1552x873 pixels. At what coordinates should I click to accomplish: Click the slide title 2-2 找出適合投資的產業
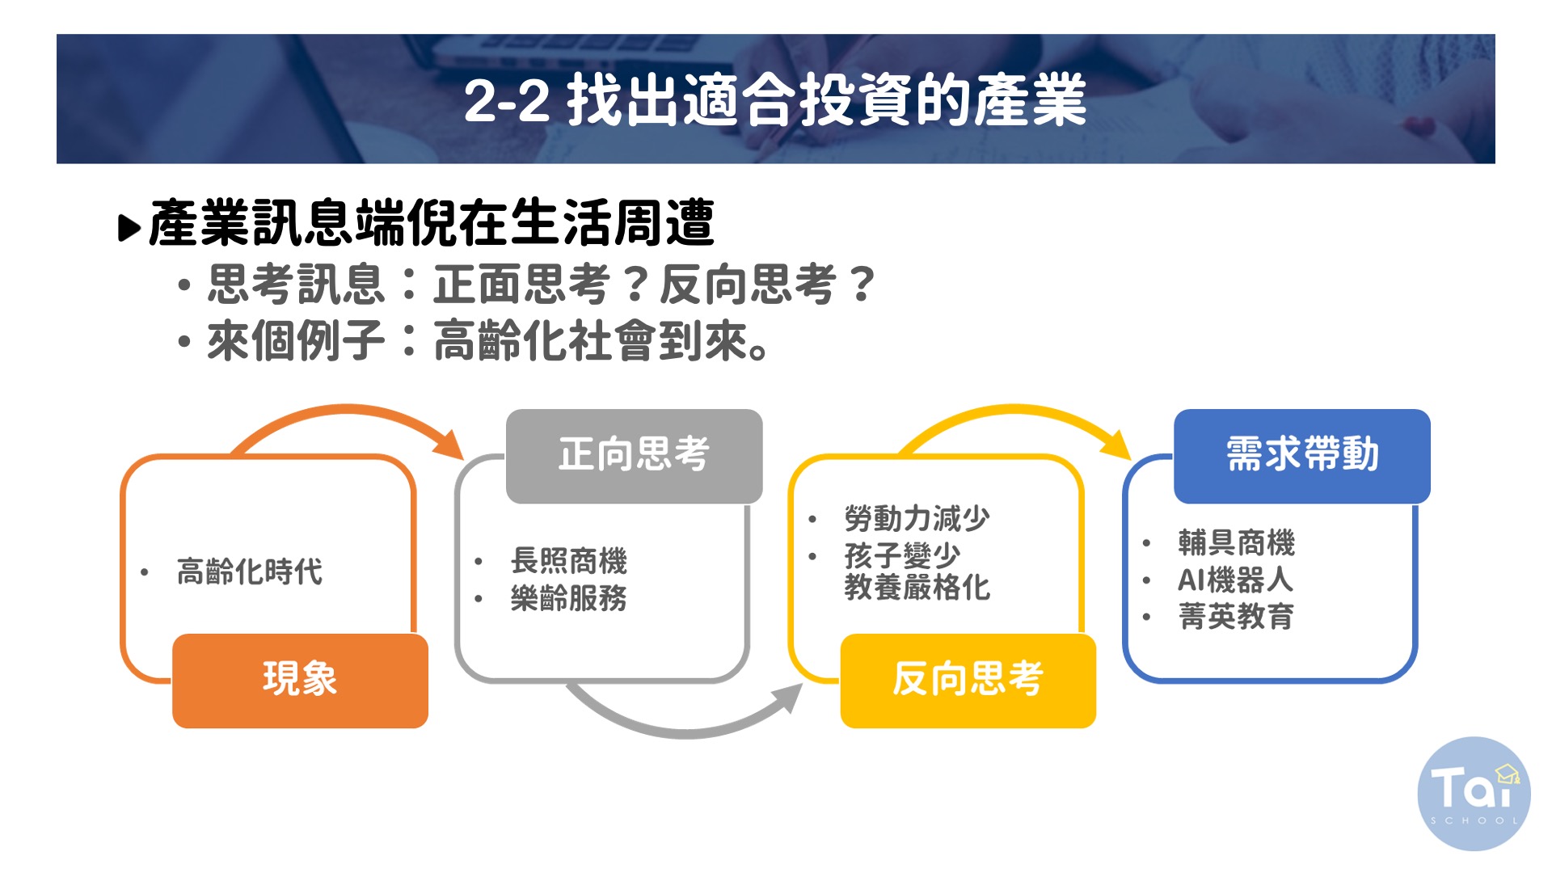click(x=775, y=99)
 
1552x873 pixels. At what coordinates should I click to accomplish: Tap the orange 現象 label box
click(x=300, y=681)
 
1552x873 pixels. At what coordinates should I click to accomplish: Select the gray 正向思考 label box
click(x=635, y=456)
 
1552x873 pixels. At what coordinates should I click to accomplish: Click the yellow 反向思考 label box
click(x=968, y=681)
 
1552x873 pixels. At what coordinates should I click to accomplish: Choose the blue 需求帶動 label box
click(x=1302, y=456)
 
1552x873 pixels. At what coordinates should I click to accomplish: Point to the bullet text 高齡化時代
click(x=250, y=571)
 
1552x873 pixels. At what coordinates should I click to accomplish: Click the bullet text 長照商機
click(x=569, y=560)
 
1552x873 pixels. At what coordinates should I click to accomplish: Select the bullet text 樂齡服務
click(x=569, y=598)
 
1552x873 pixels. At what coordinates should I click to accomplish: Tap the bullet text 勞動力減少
click(x=917, y=518)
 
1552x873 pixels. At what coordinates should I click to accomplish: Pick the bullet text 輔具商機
click(x=1237, y=542)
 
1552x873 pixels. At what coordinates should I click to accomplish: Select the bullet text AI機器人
click(x=1235, y=580)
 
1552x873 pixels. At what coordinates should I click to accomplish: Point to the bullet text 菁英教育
click(x=1237, y=617)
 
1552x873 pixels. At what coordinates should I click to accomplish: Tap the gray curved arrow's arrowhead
click(x=787, y=698)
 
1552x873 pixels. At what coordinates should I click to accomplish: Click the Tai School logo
click(x=1474, y=794)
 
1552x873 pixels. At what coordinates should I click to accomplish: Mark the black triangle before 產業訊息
click(x=129, y=228)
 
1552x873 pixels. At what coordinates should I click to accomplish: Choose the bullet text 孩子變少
click(x=902, y=555)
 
